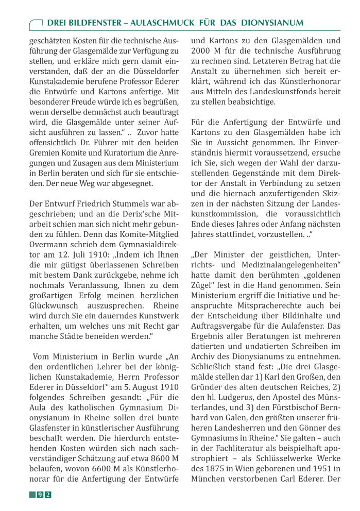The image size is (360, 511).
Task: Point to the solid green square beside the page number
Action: (32, 495)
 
